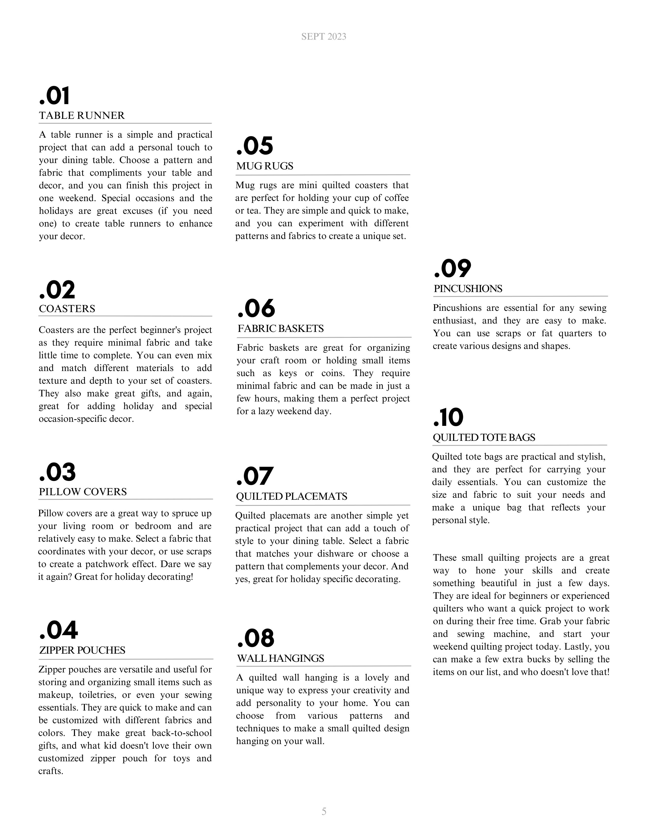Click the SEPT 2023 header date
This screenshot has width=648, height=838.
pyautogui.click(x=323, y=37)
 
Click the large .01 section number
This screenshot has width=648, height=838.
pyautogui.click(x=55, y=96)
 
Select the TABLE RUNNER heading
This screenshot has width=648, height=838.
pyautogui.click(x=82, y=116)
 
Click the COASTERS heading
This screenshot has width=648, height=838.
pyautogui.click(x=67, y=309)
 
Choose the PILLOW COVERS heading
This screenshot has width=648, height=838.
pyautogui.click(x=83, y=492)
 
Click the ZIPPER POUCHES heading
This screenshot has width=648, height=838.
pyautogui.click(x=82, y=650)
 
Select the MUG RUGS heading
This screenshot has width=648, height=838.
pyautogui.click(x=265, y=166)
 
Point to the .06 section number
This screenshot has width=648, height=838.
pyautogui.click(x=256, y=309)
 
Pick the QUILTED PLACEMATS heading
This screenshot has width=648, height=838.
pyautogui.click(x=291, y=496)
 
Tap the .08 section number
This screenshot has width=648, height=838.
pyautogui.click(x=256, y=638)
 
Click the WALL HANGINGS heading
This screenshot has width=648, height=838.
pyautogui.click(x=280, y=658)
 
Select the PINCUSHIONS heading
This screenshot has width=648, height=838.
pyautogui.click(x=468, y=289)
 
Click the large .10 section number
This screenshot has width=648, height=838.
pyautogui.click(x=448, y=417)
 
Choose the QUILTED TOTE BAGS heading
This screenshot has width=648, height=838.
pyautogui.click(x=484, y=438)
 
